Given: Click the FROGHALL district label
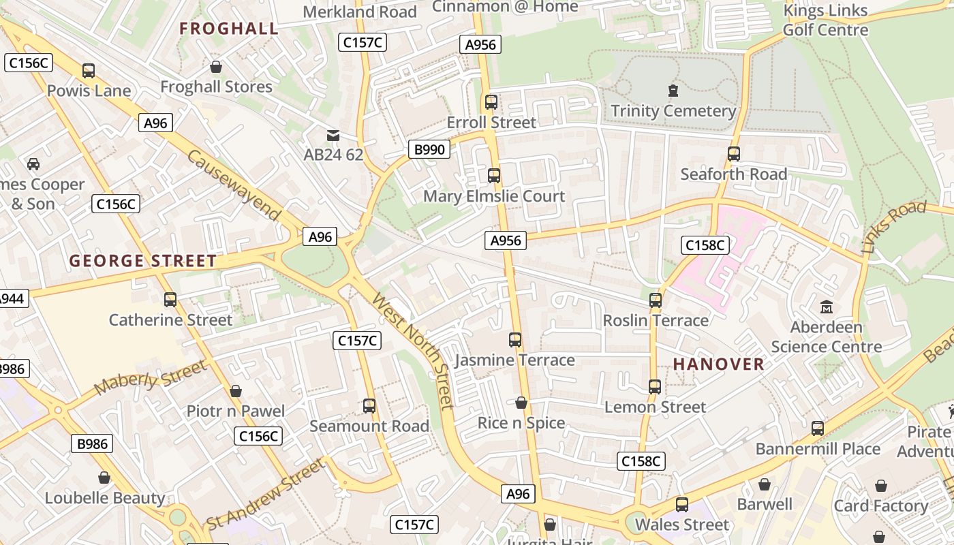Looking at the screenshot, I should tap(229, 29).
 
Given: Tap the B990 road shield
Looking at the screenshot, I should tap(429, 149).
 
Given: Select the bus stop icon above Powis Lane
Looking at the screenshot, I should tap(89, 71).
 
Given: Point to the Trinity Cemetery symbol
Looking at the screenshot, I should tap(673, 91).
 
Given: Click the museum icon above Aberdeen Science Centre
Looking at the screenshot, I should tap(827, 307).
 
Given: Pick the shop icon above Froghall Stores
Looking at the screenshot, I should tap(216, 67).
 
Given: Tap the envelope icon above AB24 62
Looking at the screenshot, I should tap(333, 135).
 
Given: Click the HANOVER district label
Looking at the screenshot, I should tap(719, 364).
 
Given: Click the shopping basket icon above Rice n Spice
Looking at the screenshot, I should tap(521, 403).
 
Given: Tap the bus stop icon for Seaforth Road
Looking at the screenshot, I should tap(734, 154).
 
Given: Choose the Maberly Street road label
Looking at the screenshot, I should tap(150, 377).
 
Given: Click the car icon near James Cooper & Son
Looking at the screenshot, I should tap(33, 163).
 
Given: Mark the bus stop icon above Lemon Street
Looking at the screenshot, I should tap(655, 387).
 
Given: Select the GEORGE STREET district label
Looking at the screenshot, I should tap(143, 261).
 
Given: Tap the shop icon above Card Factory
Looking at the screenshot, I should tap(881, 486).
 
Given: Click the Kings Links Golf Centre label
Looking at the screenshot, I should tap(825, 20).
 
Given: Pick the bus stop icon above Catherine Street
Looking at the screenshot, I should tap(170, 299).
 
